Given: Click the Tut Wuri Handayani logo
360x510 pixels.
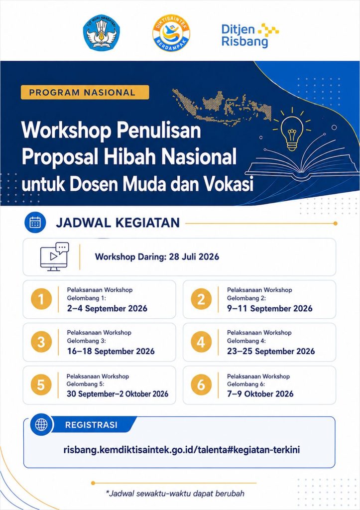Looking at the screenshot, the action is click(x=102, y=32).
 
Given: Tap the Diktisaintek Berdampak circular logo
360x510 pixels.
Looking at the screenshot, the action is click(x=171, y=33).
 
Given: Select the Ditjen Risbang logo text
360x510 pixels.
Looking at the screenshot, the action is click(x=250, y=35).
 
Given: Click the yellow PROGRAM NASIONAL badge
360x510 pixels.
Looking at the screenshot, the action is click(x=85, y=92).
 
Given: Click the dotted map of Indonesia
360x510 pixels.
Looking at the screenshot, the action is click(x=223, y=105).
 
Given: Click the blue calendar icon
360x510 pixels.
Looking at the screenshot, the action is click(x=35, y=223).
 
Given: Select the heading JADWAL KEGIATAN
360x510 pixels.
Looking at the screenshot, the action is click(x=118, y=223).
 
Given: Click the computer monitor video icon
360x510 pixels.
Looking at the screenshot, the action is click(x=54, y=256).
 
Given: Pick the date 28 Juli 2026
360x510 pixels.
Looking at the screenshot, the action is click(x=194, y=256).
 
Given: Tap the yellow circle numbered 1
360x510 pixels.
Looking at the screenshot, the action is click(x=41, y=299).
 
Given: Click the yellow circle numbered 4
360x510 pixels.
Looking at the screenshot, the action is click(x=201, y=342).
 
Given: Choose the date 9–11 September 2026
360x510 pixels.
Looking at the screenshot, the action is click(x=269, y=308).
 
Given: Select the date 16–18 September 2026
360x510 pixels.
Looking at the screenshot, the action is click(x=111, y=351).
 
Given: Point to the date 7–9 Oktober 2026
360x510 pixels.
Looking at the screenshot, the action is click(x=260, y=394).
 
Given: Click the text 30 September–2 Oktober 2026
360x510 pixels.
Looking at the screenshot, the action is click(x=118, y=394).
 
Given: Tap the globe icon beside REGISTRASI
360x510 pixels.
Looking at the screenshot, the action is click(x=41, y=424).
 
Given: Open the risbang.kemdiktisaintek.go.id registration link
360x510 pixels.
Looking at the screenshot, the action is click(x=181, y=450).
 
